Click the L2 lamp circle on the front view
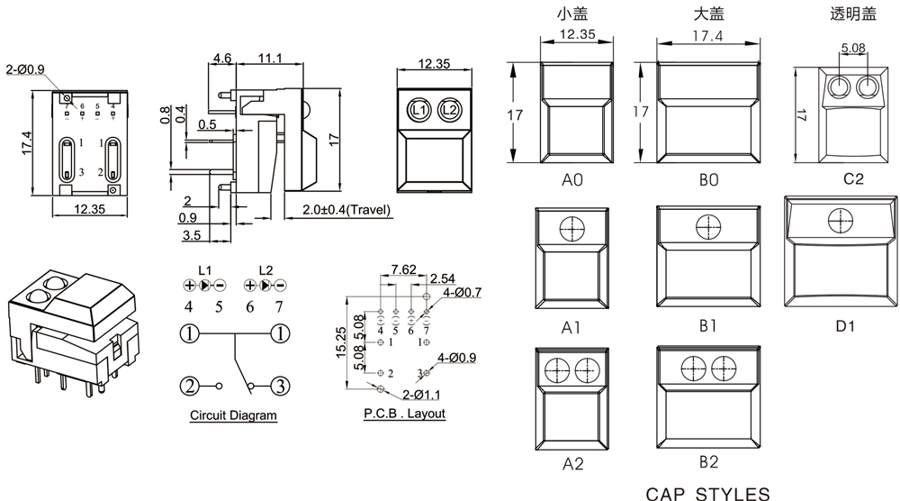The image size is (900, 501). click(450, 110)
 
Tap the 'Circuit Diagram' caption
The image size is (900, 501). click(233, 416)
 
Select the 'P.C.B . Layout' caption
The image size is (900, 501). click(404, 414)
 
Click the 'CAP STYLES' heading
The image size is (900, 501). click(708, 493)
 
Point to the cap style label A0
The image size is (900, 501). click(572, 180)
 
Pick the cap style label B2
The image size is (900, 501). click(708, 462)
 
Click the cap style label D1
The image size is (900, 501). click(844, 326)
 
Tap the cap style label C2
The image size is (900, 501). click(853, 178)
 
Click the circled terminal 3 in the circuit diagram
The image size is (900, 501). click(281, 387)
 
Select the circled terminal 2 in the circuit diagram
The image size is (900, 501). click(189, 387)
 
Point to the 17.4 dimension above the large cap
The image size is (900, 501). click(708, 36)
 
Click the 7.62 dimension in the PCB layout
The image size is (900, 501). click(403, 269)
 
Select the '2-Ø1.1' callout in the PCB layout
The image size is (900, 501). click(420, 395)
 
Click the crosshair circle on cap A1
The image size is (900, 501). click(572, 230)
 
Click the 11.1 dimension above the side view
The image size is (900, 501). click(270, 59)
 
